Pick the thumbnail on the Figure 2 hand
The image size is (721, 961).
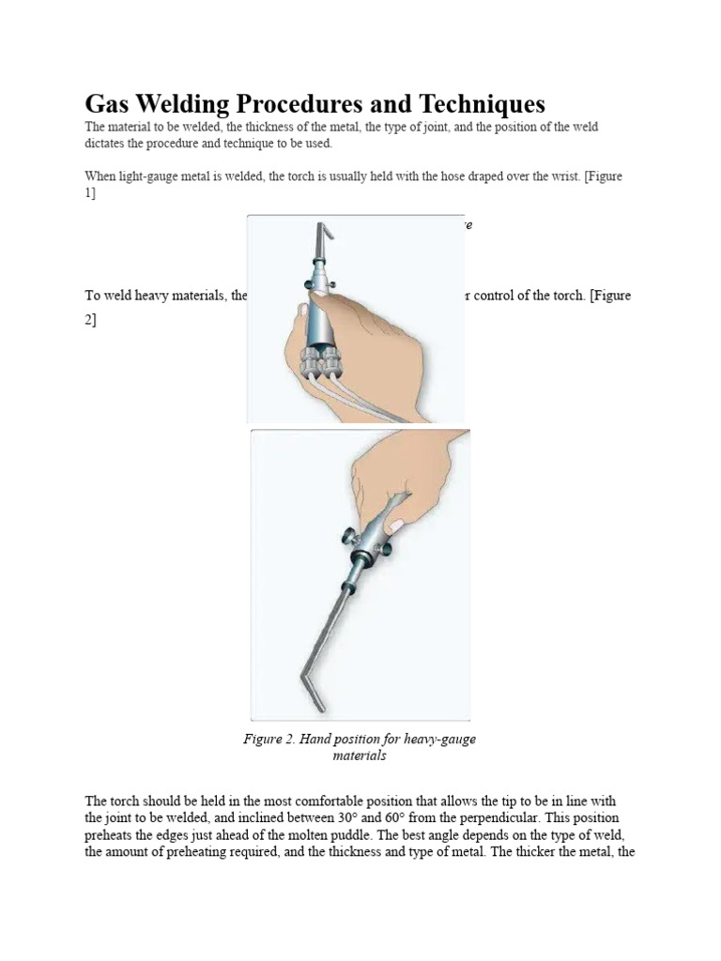[396, 523]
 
